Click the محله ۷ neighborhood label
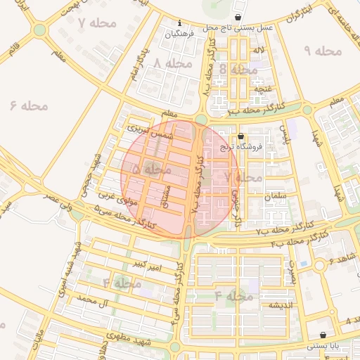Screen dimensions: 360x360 coord(97,23)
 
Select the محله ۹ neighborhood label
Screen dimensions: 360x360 coord(323,51)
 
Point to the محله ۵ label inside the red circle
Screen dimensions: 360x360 coord(151,169)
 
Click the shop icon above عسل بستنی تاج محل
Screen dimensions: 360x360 coord(240,17)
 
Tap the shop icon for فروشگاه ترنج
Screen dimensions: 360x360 coord(241,136)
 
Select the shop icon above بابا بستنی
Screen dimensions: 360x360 coord(323,335)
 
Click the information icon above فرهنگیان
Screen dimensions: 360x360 coord(180,22)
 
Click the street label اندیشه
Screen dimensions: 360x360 coord(275,306)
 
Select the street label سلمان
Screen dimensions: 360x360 coord(276,199)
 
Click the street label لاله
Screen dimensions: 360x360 coord(259,51)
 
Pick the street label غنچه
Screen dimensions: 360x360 coord(262,89)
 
